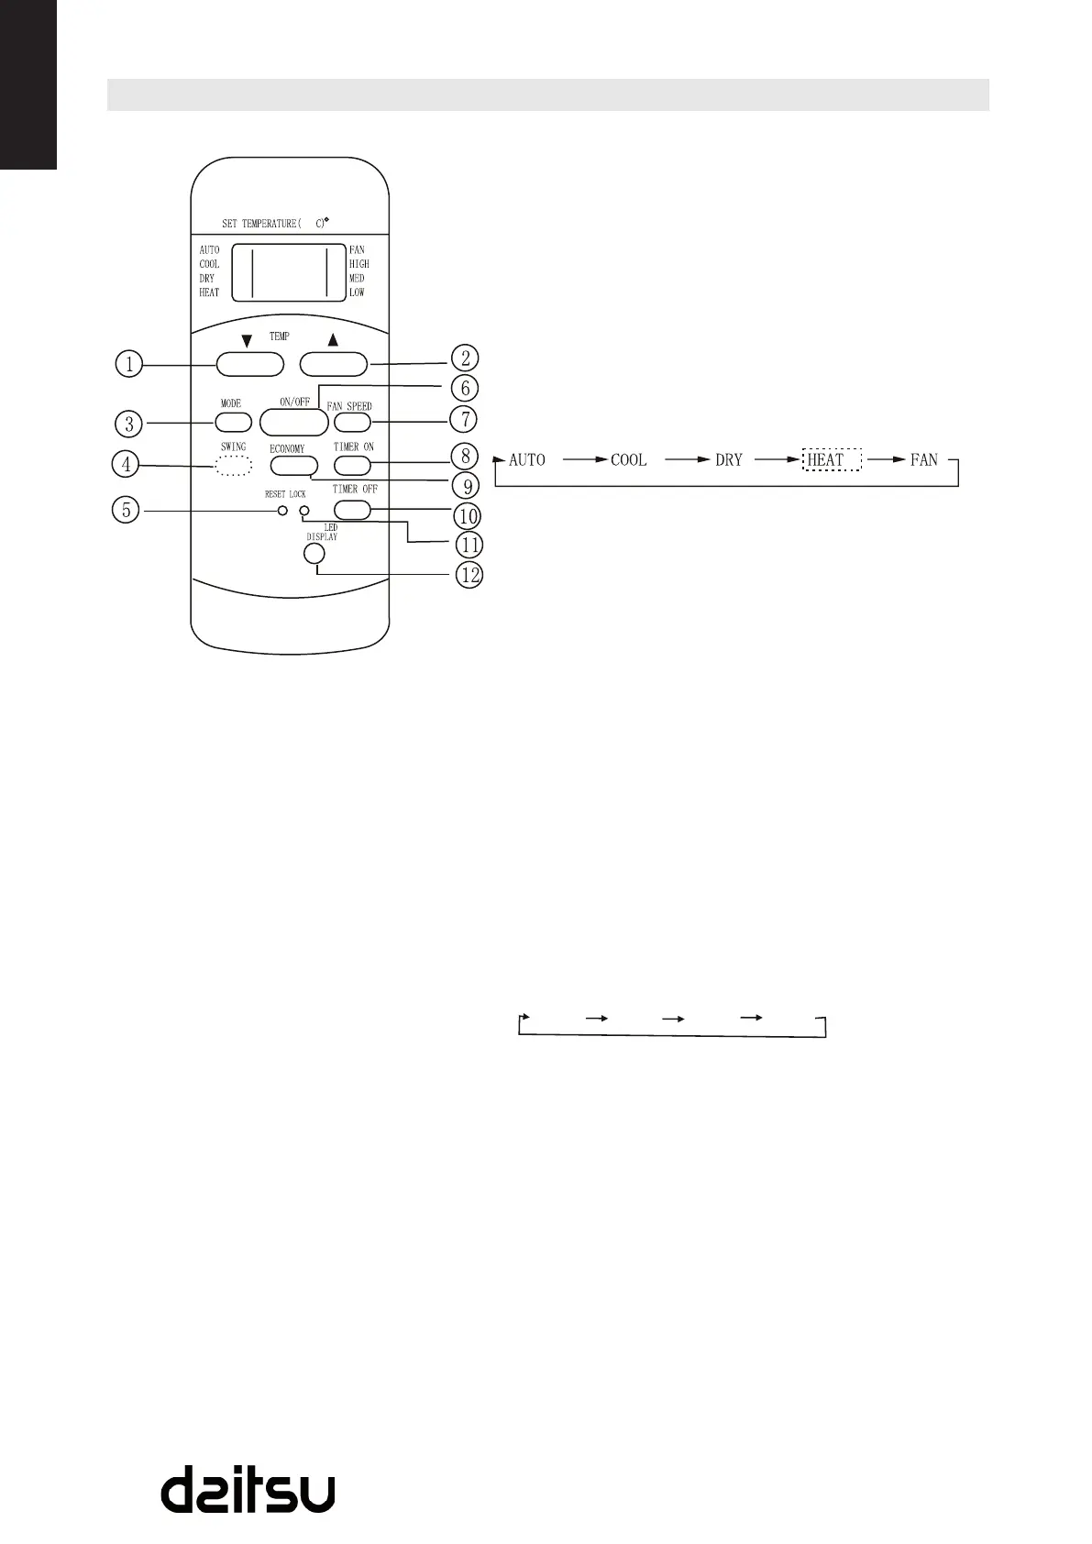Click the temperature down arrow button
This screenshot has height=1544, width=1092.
[250, 364]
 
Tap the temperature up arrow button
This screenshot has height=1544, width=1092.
[333, 364]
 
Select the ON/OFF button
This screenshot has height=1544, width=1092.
[293, 422]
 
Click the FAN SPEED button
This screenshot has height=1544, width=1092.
[352, 422]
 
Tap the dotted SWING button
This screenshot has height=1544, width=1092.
[234, 467]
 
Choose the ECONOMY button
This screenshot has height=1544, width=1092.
[288, 466]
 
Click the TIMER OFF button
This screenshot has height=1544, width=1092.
[352, 510]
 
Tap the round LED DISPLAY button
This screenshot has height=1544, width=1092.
[314, 554]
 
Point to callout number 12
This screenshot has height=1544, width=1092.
[469, 576]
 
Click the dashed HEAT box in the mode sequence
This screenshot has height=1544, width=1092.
[832, 459]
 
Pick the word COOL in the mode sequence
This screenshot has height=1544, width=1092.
[629, 459]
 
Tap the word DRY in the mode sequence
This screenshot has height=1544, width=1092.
[729, 459]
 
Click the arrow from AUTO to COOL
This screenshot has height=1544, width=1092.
[586, 459]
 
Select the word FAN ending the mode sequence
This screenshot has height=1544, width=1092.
[924, 459]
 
